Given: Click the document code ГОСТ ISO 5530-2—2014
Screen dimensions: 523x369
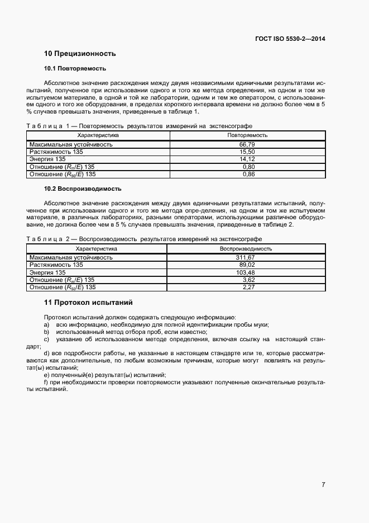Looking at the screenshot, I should [x=291, y=39].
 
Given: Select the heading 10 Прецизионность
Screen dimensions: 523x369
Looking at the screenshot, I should [x=80, y=54].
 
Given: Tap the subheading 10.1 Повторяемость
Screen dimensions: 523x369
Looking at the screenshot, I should [x=75, y=69].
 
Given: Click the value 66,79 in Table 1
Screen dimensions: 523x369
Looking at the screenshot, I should [x=247, y=144].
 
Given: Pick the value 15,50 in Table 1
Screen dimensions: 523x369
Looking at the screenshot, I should [x=247, y=152].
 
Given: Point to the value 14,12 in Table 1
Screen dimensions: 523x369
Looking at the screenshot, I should [x=247, y=159].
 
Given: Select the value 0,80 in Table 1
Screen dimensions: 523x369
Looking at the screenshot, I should [x=248, y=167].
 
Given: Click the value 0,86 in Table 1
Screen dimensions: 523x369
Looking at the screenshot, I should [x=248, y=175].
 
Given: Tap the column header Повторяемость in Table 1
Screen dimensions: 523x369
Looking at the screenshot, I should [x=247, y=135].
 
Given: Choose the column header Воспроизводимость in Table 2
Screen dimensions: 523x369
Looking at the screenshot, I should [x=246, y=248].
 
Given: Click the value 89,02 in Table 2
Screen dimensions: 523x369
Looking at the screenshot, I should [x=247, y=265].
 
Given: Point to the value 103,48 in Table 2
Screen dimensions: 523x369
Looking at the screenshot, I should [x=245, y=272].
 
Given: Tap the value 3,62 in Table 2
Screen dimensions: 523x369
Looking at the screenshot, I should [x=248, y=280].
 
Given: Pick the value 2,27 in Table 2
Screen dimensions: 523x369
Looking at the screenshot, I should [x=248, y=288].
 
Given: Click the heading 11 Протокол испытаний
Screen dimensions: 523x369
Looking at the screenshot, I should [x=88, y=303].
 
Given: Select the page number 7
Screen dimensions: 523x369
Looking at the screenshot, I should [x=323, y=484].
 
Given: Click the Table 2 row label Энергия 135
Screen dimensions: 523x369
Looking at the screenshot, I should [x=47, y=272].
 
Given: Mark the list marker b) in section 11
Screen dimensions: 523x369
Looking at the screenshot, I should [x=47, y=332].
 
